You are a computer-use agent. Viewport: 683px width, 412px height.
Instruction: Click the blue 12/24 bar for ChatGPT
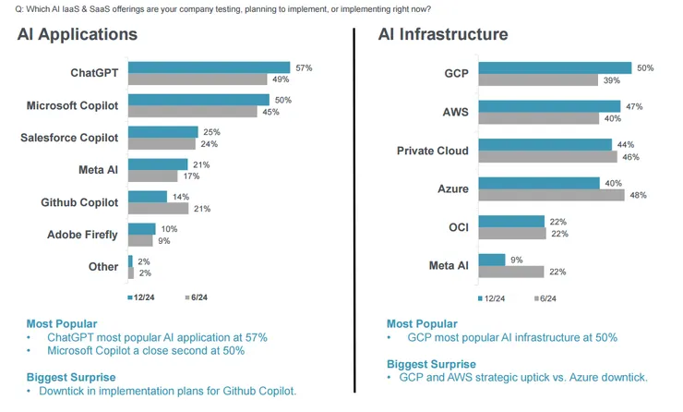209,67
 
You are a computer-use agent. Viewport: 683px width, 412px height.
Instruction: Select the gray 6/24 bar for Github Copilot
158,209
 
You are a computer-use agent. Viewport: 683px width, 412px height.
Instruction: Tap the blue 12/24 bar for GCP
555,67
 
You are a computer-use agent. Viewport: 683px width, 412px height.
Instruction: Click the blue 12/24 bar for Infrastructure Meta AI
492,260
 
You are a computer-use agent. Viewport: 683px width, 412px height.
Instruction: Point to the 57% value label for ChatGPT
304,67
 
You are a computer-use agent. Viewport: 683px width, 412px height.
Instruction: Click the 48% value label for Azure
638,195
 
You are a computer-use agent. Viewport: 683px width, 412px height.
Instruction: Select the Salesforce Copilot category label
69,138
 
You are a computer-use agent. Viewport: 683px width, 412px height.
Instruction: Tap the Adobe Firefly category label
82,235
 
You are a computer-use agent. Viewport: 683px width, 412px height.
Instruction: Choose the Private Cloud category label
432,151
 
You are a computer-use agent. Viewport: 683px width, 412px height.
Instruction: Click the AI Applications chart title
78,34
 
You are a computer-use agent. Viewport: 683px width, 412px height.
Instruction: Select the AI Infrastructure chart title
443,34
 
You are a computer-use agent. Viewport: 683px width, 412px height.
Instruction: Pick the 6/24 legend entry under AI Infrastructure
545,298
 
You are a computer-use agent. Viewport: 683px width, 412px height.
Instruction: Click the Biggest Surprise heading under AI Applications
71,377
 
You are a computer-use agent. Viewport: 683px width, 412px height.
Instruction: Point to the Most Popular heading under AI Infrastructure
422,323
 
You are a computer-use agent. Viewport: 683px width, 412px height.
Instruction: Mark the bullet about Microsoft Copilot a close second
138,351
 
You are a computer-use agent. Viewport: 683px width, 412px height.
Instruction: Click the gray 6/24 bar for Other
130,273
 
